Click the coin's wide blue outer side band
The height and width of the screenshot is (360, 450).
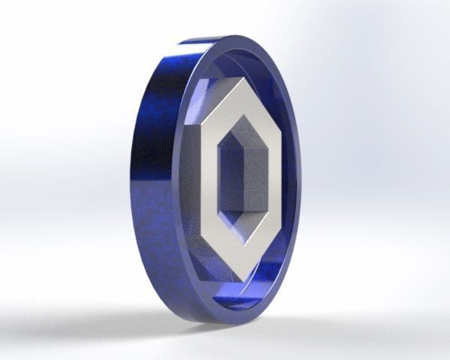pyautogui.click(x=161, y=187)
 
